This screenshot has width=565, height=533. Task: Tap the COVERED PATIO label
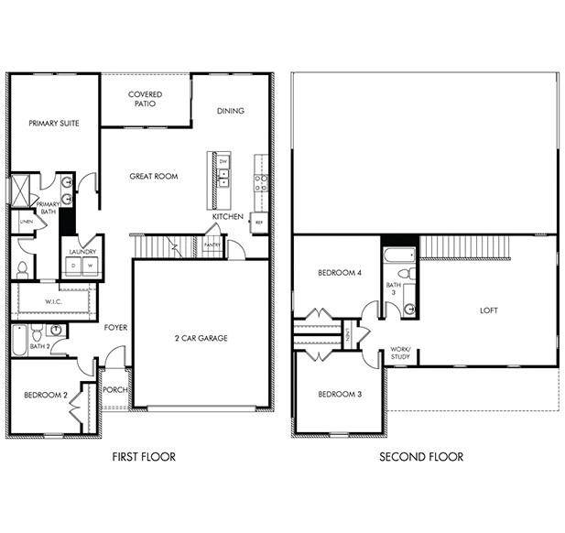point(146,99)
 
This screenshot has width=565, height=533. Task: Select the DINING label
point(231,112)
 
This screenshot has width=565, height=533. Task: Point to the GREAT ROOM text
point(153,177)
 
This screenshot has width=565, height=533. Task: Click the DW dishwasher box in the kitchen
point(223,161)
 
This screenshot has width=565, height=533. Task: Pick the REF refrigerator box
point(259,223)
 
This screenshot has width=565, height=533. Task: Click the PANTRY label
point(212,245)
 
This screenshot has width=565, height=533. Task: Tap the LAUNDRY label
point(81,252)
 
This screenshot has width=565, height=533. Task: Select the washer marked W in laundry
point(90,266)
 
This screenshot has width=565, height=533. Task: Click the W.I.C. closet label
point(53,300)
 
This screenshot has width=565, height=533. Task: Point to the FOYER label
point(115,327)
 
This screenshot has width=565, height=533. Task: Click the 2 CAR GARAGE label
point(201,339)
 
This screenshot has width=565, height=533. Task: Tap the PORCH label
point(115,390)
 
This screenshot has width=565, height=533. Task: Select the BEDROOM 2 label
point(45,395)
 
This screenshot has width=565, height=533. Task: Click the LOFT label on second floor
point(489,310)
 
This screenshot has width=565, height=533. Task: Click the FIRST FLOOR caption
point(144,456)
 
